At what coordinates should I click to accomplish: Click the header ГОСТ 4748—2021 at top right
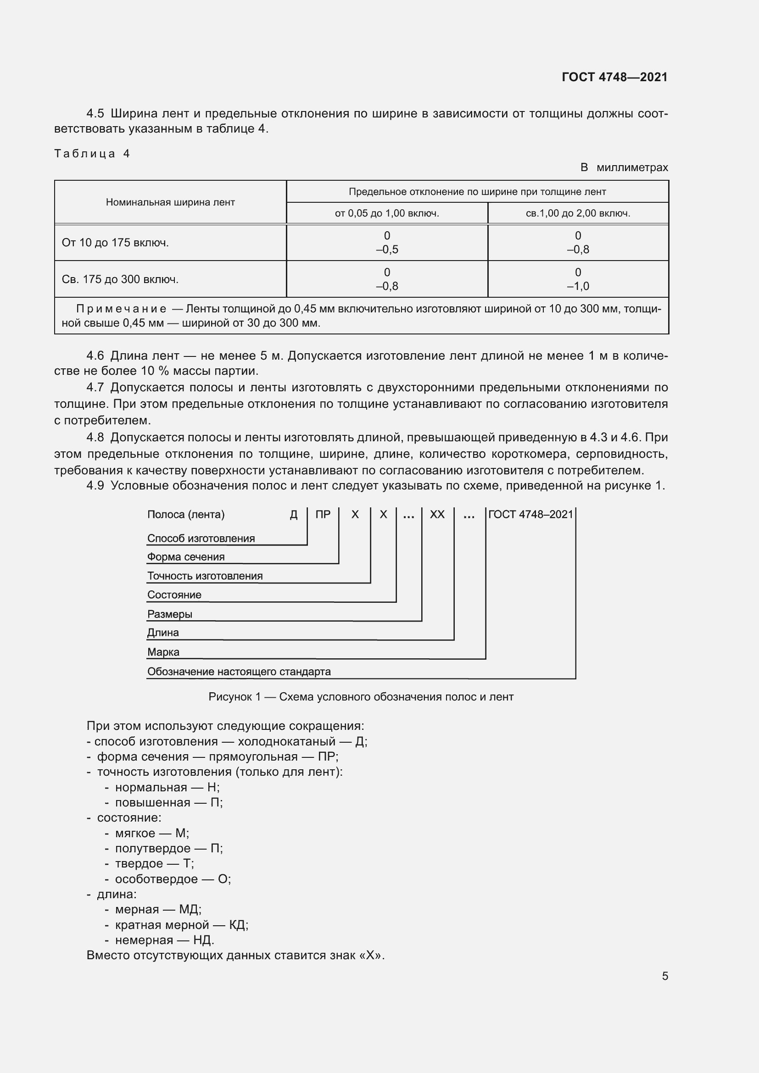point(614,77)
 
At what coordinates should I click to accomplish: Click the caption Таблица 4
point(92,154)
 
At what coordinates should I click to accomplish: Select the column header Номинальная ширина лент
point(170,202)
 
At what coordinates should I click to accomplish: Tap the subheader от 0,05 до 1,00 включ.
point(386,214)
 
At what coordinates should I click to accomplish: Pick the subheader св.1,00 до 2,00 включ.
point(578,214)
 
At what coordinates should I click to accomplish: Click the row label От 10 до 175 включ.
point(115,243)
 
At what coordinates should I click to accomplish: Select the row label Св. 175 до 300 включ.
point(120,279)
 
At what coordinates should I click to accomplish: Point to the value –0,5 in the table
point(387,250)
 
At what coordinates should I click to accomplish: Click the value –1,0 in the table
point(578,286)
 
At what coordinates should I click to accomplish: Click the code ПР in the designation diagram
point(323,515)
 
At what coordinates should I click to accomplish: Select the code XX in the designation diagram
point(437,515)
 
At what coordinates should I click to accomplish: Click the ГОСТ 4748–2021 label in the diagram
point(530,515)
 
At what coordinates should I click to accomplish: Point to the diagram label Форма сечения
point(185,557)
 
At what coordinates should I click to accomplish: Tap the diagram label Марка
point(163,652)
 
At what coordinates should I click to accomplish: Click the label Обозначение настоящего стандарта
point(239,672)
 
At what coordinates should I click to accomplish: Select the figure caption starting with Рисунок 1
point(361,697)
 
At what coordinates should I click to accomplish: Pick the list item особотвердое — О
point(173,879)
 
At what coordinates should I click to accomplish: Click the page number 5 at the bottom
point(664,976)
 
